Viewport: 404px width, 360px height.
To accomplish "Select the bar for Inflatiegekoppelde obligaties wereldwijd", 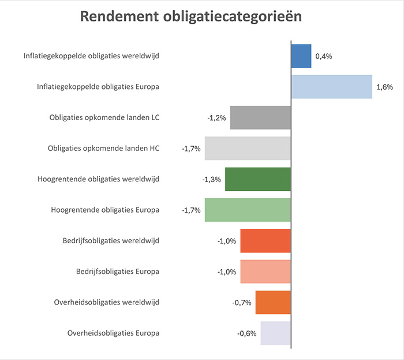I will click(301, 56).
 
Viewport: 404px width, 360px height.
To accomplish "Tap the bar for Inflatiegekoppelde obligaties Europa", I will click(331, 87).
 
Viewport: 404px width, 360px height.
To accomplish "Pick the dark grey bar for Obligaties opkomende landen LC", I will click(260, 117).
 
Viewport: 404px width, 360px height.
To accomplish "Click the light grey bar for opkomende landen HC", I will click(248, 149).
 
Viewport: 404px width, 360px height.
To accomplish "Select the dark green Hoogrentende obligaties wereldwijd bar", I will click(258, 179).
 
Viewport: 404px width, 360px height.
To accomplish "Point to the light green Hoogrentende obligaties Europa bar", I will click(248, 210).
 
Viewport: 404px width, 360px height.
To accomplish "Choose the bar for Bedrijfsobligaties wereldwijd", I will click(265, 241).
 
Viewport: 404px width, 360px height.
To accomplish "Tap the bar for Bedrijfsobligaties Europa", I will click(265, 272).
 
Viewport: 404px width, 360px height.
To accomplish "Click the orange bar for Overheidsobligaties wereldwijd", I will click(273, 302).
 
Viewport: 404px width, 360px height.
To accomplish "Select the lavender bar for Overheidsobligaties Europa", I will click(275, 333).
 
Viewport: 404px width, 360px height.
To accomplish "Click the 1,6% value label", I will click(384, 87).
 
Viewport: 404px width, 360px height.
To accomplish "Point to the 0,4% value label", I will click(324, 57).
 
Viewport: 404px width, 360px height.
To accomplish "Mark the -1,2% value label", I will click(216, 118).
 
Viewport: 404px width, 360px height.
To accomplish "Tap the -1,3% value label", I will click(211, 180).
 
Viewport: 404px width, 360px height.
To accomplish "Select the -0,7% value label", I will click(242, 303).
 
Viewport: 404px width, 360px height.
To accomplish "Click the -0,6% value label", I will click(246, 334).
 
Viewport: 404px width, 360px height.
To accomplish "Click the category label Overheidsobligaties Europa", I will click(113, 333).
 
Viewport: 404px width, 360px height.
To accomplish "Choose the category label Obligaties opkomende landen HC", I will click(103, 149).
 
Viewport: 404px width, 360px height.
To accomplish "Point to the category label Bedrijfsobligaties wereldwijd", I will click(110, 241).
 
